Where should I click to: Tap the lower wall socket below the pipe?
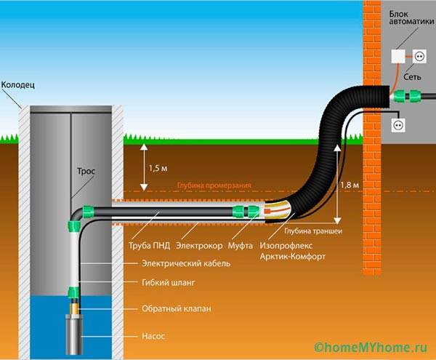[398, 125]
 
